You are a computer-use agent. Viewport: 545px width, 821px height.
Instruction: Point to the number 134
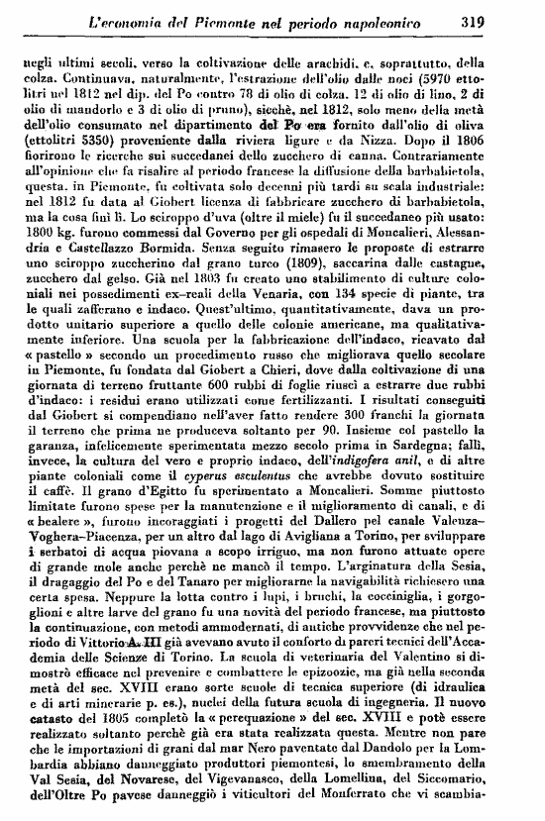point(365,317)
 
